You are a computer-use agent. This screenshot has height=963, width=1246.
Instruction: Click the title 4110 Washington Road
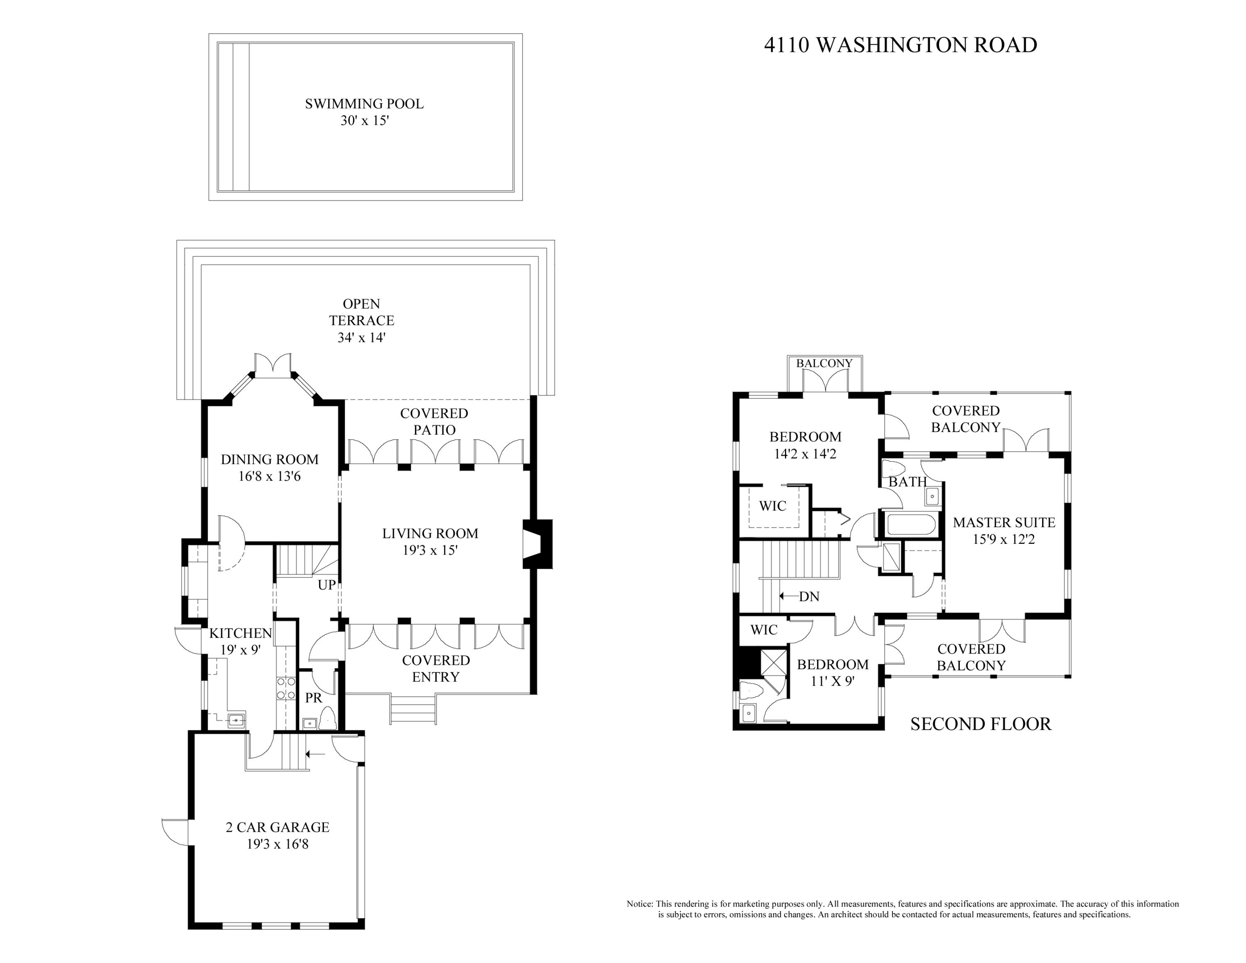point(900,45)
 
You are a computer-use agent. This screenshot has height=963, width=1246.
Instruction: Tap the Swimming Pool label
point(364,104)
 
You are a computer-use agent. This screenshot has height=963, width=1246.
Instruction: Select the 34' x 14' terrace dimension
point(361,337)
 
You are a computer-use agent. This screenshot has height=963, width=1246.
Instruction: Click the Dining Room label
point(269,459)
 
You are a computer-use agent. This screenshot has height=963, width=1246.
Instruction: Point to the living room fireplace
point(538,544)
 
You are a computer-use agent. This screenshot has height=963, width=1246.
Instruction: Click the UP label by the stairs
point(326,585)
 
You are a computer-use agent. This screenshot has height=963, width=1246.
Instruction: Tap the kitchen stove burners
point(286,688)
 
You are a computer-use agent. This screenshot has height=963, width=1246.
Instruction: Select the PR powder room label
point(313,698)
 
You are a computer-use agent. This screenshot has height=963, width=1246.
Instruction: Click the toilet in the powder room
point(327,718)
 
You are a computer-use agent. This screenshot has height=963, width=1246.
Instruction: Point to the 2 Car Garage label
point(277,827)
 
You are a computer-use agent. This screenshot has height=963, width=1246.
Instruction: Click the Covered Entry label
point(436,668)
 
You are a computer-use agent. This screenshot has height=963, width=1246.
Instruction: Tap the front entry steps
point(413,709)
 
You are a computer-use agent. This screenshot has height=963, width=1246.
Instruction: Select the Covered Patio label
point(434,422)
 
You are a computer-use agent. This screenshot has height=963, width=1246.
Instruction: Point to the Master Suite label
point(1004,523)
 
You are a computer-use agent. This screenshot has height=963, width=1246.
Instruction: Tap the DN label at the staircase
point(809,597)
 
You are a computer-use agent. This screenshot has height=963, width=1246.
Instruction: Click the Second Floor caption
point(981,724)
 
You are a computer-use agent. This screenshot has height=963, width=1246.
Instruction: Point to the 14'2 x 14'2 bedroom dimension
point(805,454)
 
